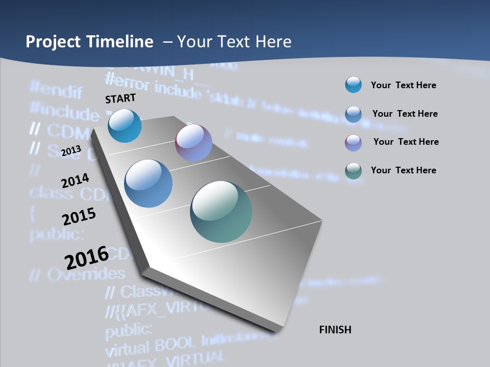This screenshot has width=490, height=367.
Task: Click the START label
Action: point(120,98)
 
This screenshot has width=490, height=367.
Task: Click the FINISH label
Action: point(335,330)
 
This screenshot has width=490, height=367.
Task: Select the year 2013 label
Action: point(71,151)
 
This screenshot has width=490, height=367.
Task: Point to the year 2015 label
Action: point(79,216)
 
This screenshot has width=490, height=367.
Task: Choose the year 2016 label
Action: point(87,257)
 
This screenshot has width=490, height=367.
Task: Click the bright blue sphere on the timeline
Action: point(125,125)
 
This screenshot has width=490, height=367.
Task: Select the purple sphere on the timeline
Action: point(193,142)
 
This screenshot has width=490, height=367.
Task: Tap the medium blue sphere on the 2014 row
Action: point(148,183)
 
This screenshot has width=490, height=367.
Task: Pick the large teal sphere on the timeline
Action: point(221,211)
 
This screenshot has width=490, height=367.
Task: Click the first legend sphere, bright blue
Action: point(353,85)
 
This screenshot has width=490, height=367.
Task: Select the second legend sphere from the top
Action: point(353,114)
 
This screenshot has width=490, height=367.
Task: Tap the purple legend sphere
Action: point(353,142)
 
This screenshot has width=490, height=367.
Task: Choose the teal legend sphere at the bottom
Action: point(353,170)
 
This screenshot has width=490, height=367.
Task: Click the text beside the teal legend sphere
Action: point(403,170)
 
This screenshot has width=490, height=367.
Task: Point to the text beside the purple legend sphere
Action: point(406,142)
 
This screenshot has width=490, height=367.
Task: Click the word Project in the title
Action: point(53,42)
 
